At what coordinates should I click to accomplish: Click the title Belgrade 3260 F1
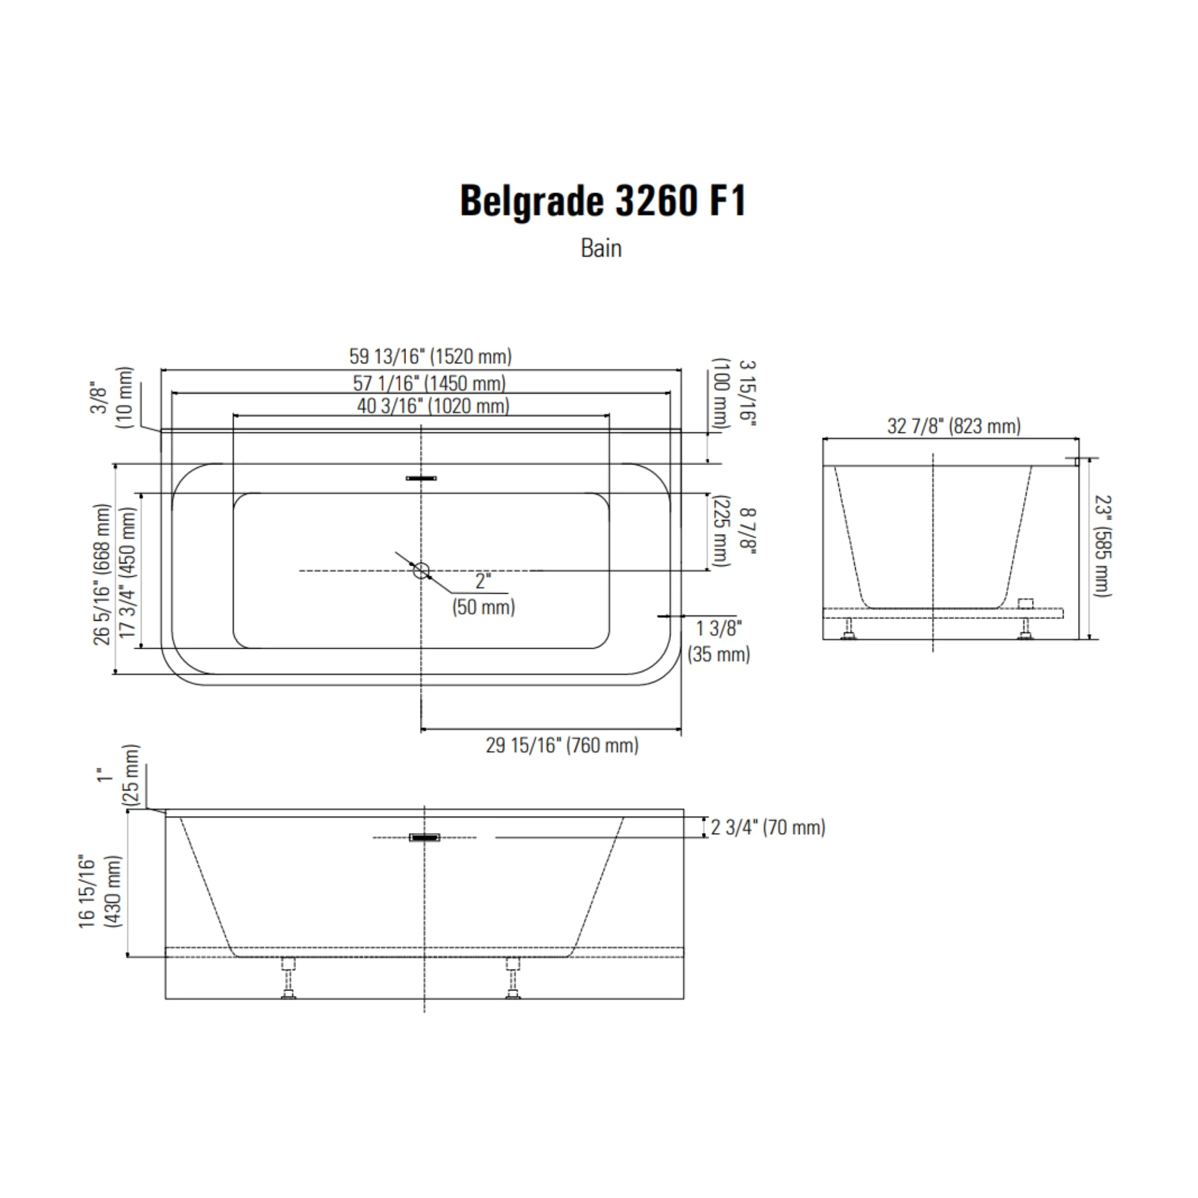(603, 201)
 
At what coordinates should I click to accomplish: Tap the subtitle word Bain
(601, 248)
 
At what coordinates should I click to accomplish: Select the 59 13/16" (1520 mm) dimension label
(431, 357)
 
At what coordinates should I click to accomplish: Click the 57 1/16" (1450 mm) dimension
(429, 383)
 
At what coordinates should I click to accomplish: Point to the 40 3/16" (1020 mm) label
(433, 406)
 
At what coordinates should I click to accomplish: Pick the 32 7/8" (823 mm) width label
(953, 426)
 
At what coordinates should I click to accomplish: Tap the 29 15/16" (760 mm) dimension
(562, 745)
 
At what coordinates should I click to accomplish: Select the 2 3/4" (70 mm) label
(767, 827)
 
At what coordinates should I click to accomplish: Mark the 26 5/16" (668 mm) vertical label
(102, 574)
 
